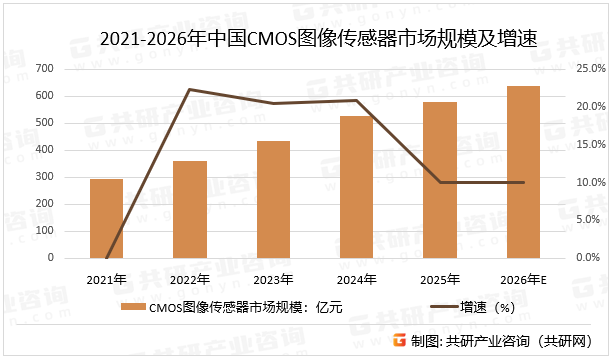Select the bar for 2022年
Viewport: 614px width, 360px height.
[x=190, y=209]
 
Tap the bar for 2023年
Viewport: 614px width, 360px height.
[x=273, y=199]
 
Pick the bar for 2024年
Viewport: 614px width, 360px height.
[x=356, y=187]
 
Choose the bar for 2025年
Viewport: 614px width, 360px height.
[x=440, y=180]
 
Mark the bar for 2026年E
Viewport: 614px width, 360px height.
[x=523, y=172]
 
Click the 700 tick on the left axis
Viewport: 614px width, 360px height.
[x=44, y=68]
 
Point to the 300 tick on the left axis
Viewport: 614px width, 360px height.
[x=44, y=177]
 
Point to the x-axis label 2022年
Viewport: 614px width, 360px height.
[x=190, y=278]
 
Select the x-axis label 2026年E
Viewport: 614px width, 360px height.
[x=523, y=278]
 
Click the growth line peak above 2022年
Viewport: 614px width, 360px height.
[x=190, y=90]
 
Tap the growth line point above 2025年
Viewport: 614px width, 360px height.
[x=440, y=182]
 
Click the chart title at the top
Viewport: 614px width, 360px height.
[x=306, y=41]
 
